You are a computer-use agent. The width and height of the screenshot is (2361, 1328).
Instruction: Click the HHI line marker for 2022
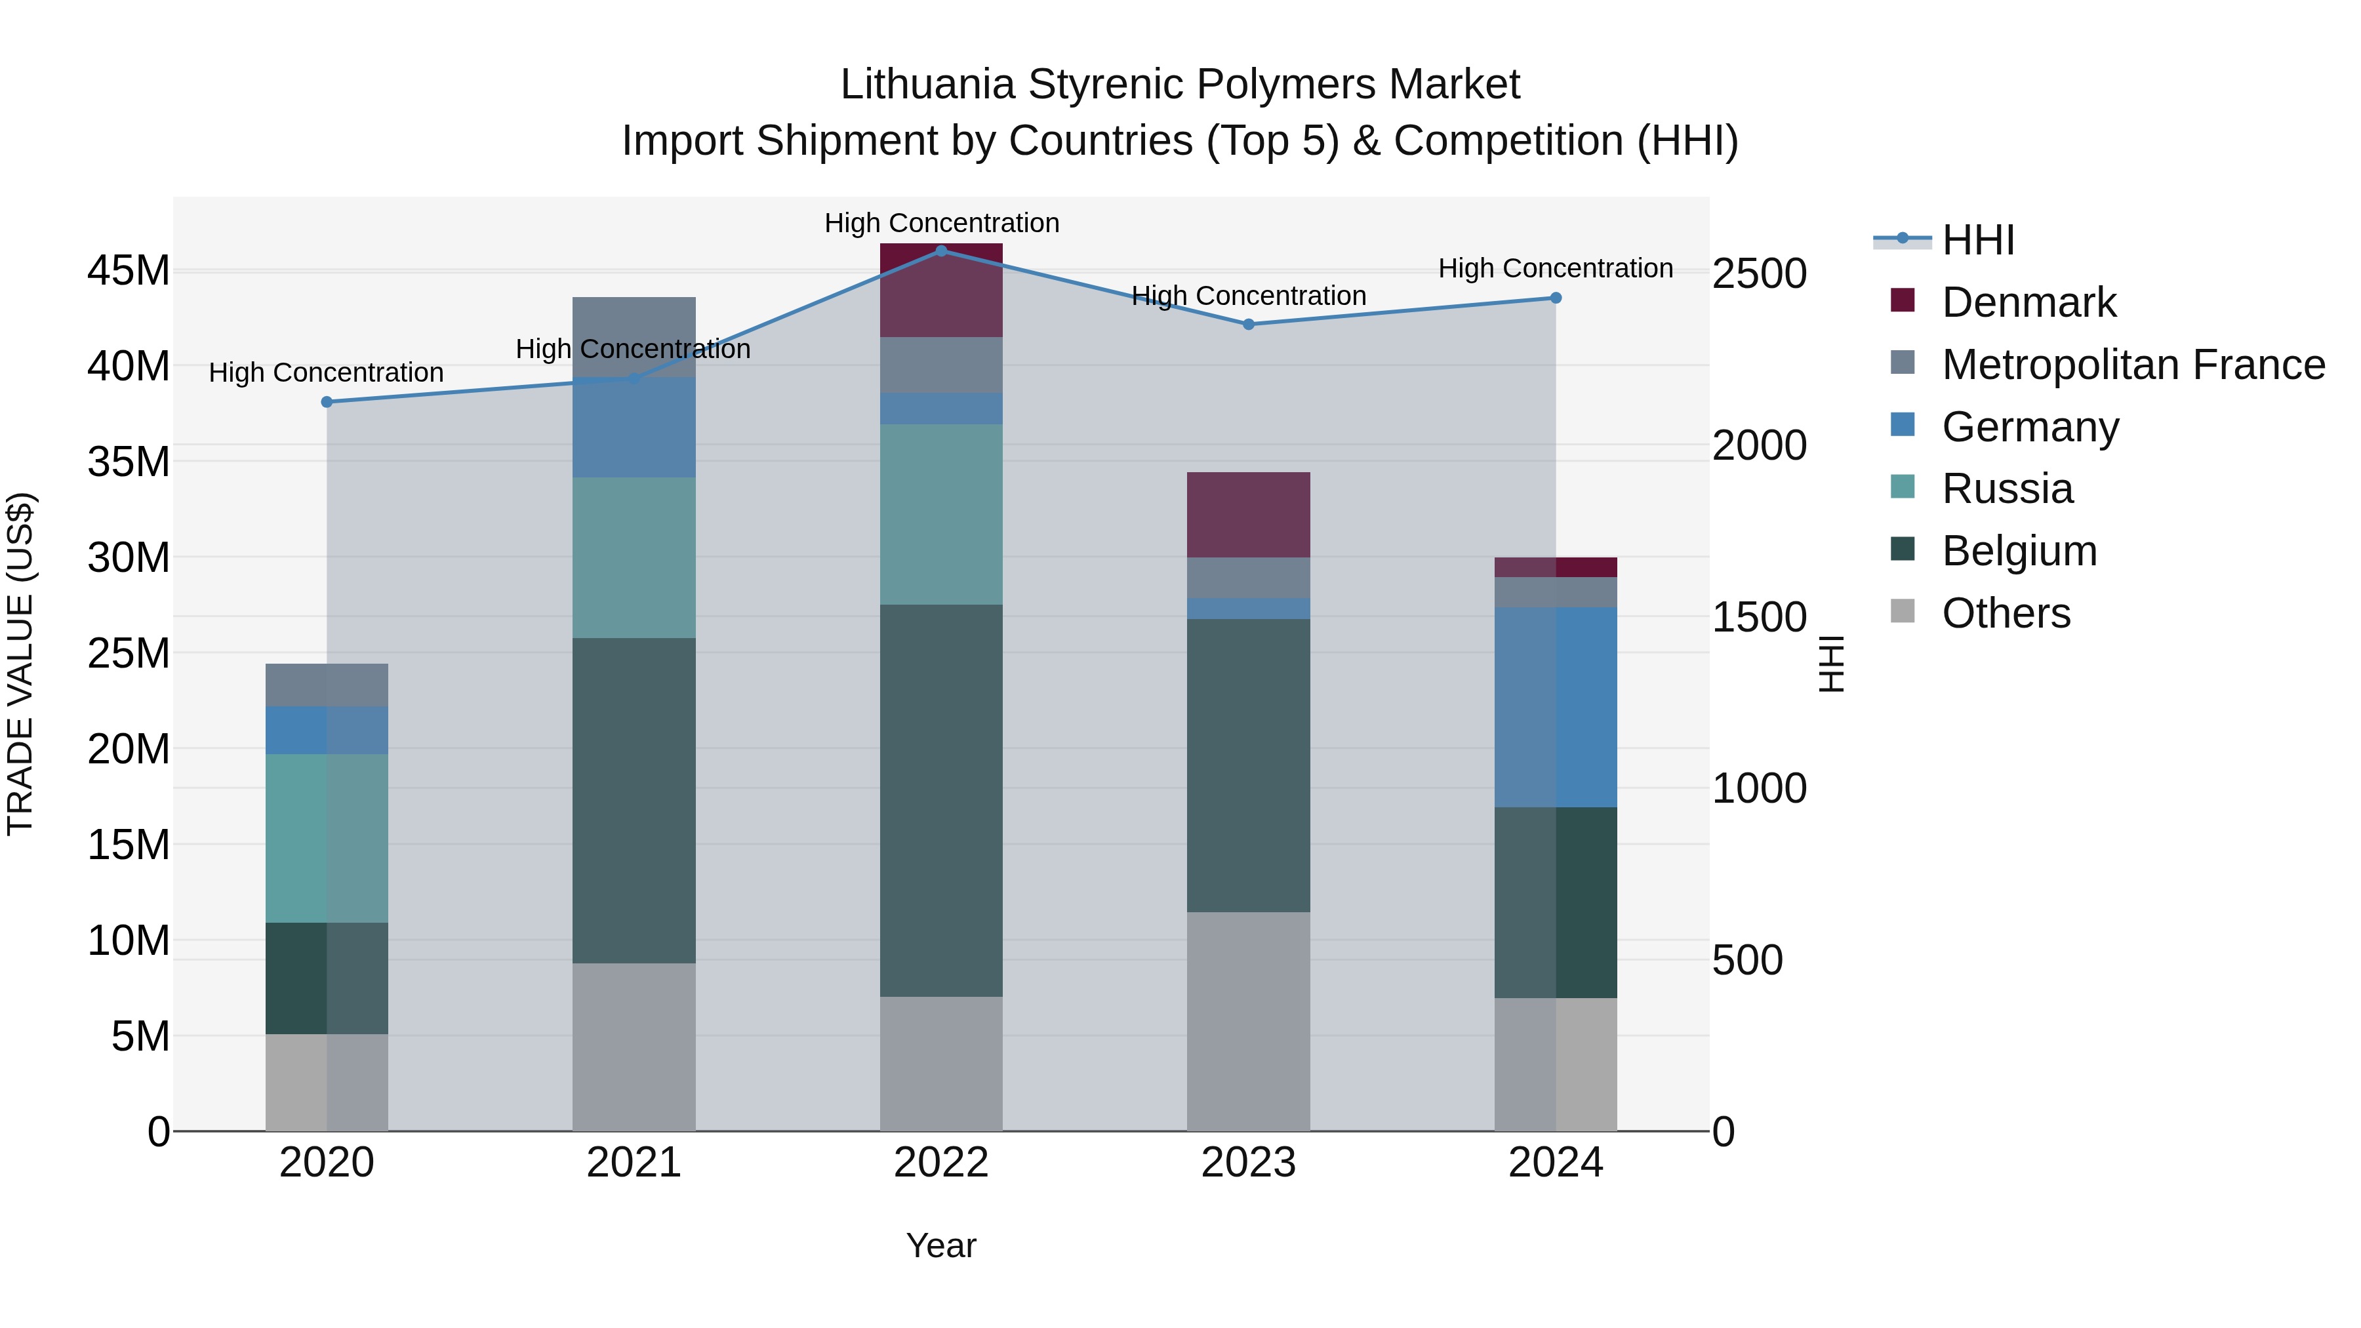[941, 251]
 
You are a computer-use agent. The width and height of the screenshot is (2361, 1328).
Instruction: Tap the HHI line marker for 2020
[327, 401]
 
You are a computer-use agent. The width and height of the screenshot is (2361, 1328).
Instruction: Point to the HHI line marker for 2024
[1556, 298]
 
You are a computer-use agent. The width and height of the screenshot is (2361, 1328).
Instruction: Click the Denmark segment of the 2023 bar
[1248, 515]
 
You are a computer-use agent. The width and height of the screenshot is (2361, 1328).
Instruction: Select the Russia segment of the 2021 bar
[634, 557]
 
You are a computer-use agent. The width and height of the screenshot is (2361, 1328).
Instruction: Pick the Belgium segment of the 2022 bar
[941, 800]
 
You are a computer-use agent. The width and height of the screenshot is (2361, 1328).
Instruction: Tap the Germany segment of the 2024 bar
[1556, 706]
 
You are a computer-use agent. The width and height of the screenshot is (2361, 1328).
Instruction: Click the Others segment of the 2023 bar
[1248, 1021]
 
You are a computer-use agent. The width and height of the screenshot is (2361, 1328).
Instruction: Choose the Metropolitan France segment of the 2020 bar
[327, 685]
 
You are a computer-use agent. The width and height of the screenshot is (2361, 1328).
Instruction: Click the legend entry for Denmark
[2028, 302]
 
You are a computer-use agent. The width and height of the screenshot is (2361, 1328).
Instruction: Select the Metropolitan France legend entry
[2133, 365]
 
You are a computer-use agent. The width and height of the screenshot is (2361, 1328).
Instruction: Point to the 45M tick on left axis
[129, 272]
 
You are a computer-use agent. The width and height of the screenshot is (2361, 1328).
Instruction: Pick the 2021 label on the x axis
[634, 1163]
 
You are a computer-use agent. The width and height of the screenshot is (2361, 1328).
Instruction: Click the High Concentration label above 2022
[941, 223]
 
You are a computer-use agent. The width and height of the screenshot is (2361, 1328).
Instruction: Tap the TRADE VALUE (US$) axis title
[20, 664]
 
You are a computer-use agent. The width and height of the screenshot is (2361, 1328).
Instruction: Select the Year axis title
[941, 1245]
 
